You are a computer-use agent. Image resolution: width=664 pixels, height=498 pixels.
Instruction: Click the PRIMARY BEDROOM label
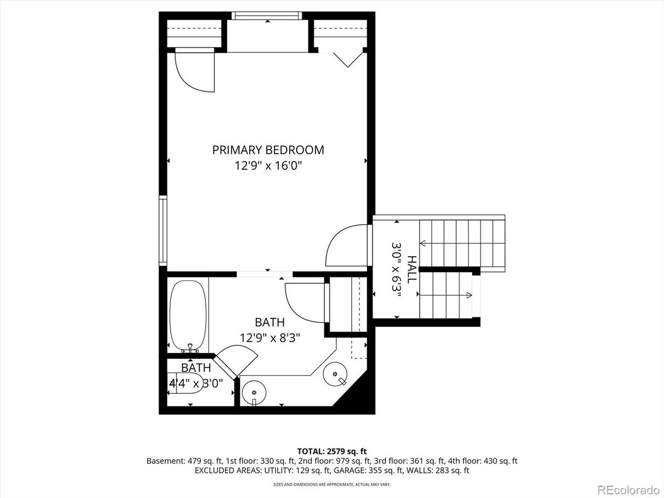coord(268,150)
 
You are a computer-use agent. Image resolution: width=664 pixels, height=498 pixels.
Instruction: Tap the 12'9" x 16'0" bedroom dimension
coord(268,165)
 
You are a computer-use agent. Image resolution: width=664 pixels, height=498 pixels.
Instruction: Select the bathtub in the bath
coord(188,316)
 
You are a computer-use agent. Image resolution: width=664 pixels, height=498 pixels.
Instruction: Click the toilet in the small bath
coord(185,387)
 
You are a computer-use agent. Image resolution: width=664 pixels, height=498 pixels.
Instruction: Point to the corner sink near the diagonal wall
coord(335,375)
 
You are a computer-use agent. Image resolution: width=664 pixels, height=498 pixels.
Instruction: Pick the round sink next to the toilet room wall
coord(254,393)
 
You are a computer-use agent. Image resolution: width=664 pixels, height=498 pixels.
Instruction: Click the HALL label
coord(412,269)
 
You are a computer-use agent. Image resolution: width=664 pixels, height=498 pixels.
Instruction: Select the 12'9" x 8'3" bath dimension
coord(270,337)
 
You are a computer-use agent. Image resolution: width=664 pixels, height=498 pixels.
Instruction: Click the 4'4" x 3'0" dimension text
coord(196,384)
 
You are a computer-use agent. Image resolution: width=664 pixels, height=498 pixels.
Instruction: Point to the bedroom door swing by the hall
coord(347,245)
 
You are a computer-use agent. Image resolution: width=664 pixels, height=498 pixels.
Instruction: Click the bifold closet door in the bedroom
coord(348,60)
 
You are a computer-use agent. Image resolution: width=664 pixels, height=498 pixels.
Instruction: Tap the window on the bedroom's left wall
coord(163,230)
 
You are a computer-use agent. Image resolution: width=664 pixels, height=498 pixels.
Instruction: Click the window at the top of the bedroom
coord(267,16)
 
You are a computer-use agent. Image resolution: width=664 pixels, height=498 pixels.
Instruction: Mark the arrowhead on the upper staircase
coord(423,243)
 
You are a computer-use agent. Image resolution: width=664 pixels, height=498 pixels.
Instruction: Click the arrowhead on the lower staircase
coord(469,295)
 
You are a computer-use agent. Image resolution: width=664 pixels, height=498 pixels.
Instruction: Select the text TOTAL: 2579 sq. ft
coord(332,451)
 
